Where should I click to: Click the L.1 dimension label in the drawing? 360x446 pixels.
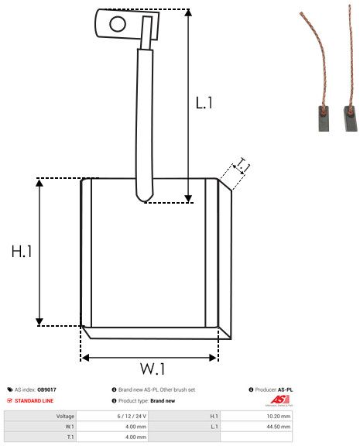tap(204, 102)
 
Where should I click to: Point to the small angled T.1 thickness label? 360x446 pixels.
tap(242, 165)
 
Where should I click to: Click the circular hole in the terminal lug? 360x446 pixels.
tap(117, 24)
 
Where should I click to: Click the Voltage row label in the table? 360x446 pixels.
tap(65, 416)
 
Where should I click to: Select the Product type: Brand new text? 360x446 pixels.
tap(147, 400)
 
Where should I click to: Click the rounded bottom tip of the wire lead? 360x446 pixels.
tap(144, 198)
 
